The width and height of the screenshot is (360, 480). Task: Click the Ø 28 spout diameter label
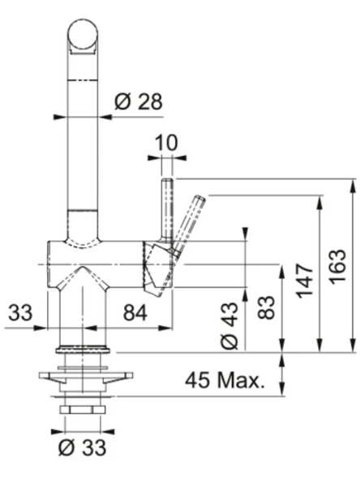point(139,102)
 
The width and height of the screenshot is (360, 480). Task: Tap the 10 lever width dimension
point(166,143)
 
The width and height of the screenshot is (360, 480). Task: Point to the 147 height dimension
point(305,281)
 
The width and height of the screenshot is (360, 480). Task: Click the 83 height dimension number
point(266,307)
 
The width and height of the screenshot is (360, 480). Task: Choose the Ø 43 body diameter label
point(229,326)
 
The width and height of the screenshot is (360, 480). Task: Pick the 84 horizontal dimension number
point(135,313)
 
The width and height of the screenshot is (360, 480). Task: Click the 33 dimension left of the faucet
point(20,312)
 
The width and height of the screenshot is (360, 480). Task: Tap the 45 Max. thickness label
point(225,380)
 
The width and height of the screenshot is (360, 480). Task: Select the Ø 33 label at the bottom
point(83,448)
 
